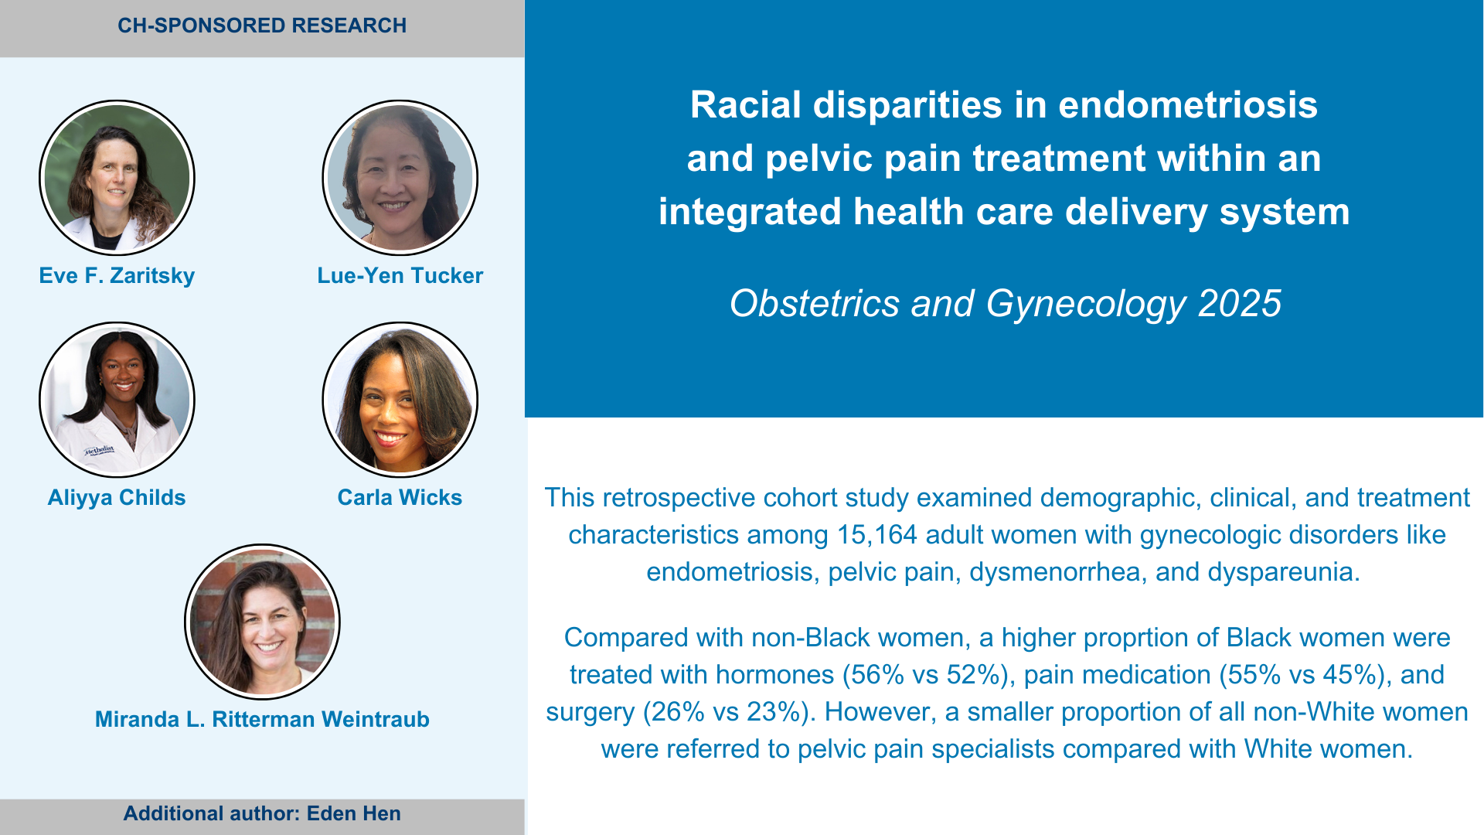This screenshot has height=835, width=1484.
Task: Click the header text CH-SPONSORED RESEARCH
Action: (262, 26)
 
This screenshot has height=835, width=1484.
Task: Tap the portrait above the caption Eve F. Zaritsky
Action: (117, 178)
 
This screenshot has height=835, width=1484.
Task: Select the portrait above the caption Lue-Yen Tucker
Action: (400, 178)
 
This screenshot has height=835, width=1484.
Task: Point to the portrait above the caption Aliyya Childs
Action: (117, 400)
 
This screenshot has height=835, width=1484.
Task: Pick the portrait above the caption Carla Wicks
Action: (400, 400)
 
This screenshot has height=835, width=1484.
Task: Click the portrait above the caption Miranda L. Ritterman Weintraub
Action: (262, 622)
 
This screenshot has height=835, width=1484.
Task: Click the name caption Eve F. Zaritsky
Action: (117, 276)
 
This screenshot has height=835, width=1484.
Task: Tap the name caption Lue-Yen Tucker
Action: (400, 276)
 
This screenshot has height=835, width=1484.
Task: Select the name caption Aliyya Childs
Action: (117, 498)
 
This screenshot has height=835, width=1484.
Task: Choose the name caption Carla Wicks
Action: (400, 498)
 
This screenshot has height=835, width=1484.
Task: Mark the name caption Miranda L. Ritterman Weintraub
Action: (262, 720)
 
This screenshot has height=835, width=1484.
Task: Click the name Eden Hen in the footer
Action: (354, 813)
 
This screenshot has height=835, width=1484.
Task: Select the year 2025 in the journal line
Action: (1240, 303)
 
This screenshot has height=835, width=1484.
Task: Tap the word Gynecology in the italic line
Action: (1086, 305)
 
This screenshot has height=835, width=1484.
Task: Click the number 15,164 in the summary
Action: (877, 535)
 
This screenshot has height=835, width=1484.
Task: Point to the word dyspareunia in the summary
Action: (1280, 573)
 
